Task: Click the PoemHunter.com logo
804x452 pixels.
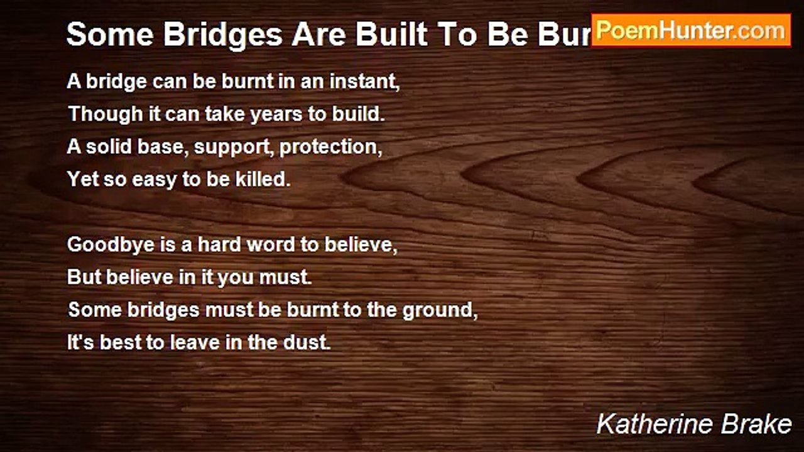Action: click(x=691, y=30)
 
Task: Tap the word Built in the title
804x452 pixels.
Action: click(x=383, y=35)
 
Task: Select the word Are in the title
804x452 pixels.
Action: click(x=315, y=35)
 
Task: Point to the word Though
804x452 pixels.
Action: click(x=97, y=115)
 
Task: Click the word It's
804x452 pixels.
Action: click(x=81, y=342)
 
